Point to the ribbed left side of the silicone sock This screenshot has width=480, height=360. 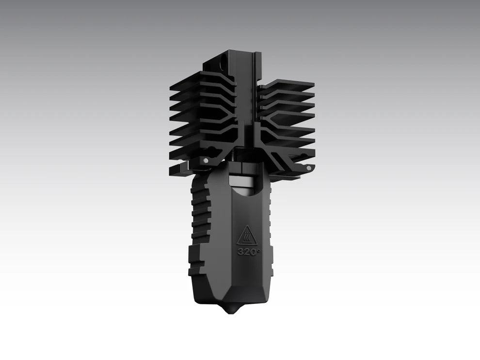pos(199,213)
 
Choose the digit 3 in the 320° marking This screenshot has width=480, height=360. pos(241,252)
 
